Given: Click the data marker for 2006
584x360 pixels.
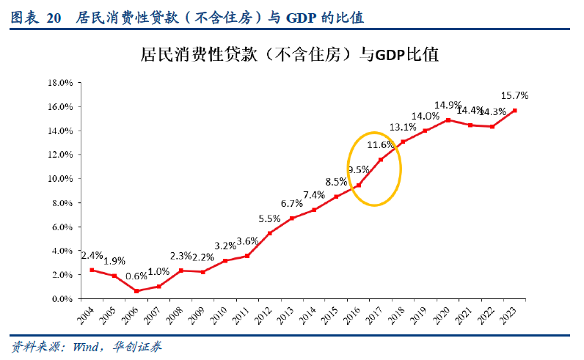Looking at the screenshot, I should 136,291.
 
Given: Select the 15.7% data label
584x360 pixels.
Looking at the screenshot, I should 514,95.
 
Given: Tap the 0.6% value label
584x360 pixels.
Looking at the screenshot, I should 136,276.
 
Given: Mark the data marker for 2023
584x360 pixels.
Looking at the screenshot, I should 515,111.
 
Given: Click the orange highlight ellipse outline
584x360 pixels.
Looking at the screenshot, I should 401,169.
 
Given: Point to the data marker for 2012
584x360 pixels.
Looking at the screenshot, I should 270,233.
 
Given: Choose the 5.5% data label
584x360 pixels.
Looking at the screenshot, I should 269,218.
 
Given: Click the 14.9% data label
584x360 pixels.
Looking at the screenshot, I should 448,105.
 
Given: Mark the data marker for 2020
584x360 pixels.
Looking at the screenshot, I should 448,120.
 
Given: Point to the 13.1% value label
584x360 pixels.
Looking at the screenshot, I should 403,126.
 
